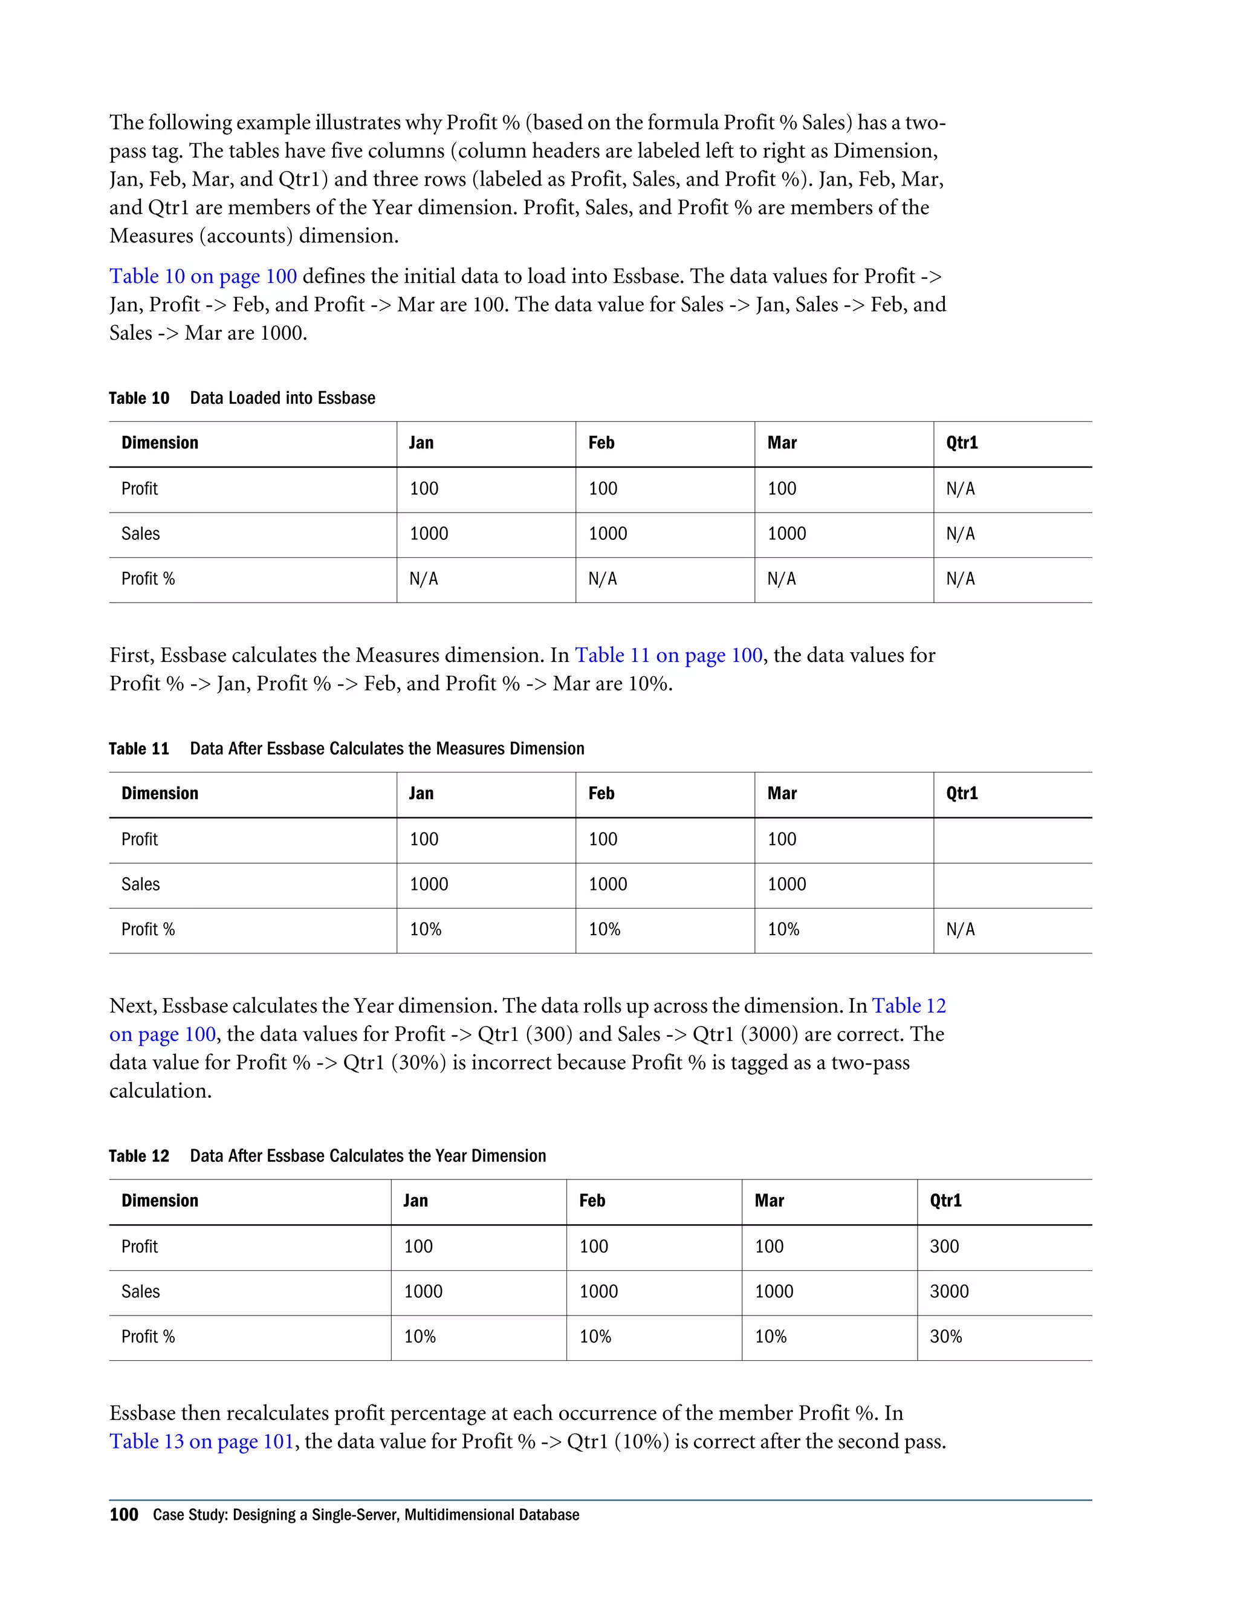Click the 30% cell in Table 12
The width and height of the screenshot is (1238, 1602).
(x=945, y=1337)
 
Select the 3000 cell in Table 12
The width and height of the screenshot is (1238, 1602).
(x=948, y=1291)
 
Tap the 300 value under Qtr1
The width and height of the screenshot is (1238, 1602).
(x=944, y=1247)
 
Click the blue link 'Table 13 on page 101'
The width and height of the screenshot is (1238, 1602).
(x=202, y=1441)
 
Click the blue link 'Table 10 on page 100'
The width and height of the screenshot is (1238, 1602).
(x=203, y=276)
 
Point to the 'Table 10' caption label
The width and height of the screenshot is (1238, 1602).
(x=138, y=398)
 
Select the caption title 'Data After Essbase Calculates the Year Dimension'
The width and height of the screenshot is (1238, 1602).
(x=368, y=1156)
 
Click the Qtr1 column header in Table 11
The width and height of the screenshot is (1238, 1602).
(x=962, y=794)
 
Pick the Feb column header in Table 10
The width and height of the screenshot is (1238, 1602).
(x=601, y=443)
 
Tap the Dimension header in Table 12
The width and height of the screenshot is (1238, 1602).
(x=160, y=1201)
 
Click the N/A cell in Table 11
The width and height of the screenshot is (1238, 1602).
(x=960, y=929)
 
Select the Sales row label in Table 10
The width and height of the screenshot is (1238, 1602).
(x=140, y=534)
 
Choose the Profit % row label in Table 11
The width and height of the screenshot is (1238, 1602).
(x=148, y=929)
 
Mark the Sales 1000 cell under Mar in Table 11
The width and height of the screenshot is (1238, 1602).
(x=786, y=884)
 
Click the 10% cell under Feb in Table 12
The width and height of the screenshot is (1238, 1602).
(x=595, y=1337)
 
